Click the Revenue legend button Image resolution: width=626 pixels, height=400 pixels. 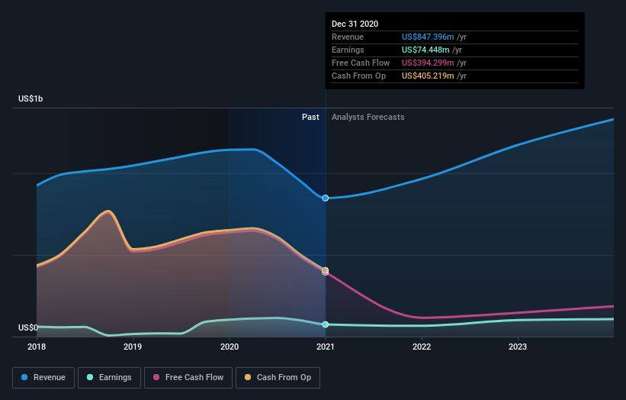pos(43,377)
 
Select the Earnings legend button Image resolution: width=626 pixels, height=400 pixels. pos(109,377)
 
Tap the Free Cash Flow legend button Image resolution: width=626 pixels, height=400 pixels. pos(187,377)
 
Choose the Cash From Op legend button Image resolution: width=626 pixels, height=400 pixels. pos(278,377)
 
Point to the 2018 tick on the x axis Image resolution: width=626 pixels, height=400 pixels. pos(37,347)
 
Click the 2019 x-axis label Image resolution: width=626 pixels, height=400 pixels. pos(133,347)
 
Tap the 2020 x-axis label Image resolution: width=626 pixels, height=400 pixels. pos(229,347)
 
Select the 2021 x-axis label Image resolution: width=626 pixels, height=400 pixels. pos(326,347)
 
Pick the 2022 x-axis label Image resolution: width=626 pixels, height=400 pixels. pos(422,347)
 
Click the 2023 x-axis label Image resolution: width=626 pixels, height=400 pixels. pos(518,347)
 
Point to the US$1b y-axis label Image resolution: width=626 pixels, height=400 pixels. pos(31,99)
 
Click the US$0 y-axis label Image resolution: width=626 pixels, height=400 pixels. pos(28,328)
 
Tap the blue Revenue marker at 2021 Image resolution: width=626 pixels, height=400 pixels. pos(326,198)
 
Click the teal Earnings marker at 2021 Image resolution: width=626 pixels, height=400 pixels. pos(326,324)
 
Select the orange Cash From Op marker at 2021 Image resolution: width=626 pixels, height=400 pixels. pos(326,270)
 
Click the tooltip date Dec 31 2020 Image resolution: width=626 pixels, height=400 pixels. pos(355,24)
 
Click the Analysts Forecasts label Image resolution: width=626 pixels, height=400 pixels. pos(368,117)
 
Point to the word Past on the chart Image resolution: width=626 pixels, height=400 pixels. pos(310,117)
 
